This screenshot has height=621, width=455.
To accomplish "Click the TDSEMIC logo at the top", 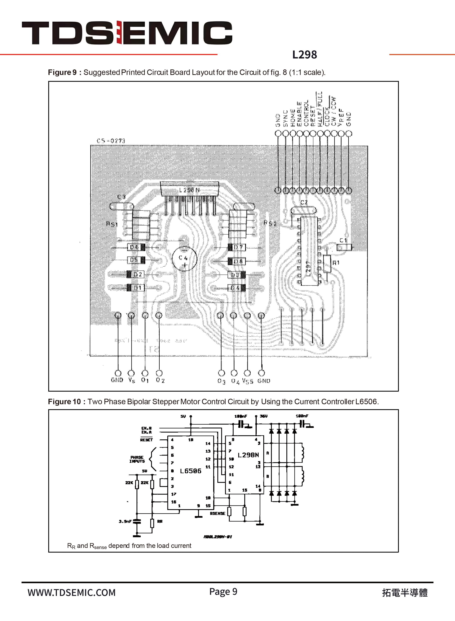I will tap(127, 33).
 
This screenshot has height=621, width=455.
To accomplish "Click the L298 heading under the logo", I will tap(304, 55).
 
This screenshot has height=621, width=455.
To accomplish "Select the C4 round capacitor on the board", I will tap(184, 259).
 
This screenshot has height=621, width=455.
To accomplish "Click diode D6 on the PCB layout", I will tap(136, 247).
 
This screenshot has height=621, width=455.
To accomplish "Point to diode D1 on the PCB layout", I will tap(136, 288).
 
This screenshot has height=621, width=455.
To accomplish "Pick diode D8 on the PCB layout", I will tap(237, 261).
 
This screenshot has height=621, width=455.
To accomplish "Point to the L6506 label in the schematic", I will tap(191, 471).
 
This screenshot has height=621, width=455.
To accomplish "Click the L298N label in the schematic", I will tap(248, 455).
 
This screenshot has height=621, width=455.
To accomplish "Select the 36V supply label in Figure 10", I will tap(264, 416).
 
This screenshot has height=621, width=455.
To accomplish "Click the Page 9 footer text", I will tap(223, 591).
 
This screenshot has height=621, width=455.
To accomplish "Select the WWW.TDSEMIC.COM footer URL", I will tap(71, 593).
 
